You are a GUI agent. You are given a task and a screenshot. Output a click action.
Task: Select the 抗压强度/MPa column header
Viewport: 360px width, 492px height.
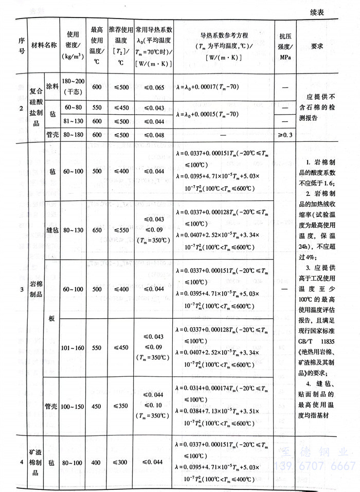coord(285,46)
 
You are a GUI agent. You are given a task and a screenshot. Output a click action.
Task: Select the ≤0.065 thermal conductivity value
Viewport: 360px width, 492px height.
coord(154,88)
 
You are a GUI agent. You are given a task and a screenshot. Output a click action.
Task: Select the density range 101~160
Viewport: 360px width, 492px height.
coord(71,348)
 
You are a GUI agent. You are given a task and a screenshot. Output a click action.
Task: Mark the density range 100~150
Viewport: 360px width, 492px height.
coord(71,406)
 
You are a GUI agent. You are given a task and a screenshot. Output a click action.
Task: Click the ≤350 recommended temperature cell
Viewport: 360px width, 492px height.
coord(120,406)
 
